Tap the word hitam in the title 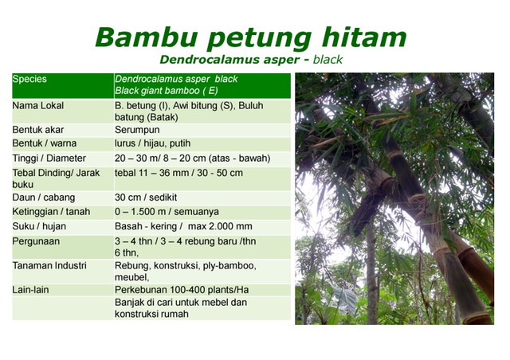[x=363, y=37]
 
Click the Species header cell [x=29, y=80]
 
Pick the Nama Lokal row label [x=38, y=105]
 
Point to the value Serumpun [x=137, y=130]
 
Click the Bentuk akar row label [x=38, y=130]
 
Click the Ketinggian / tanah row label [x=51, y=212]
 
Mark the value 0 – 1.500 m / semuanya [x=169, y=212]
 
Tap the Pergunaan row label [x=36, y=241]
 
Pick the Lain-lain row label [x=30, y=290]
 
